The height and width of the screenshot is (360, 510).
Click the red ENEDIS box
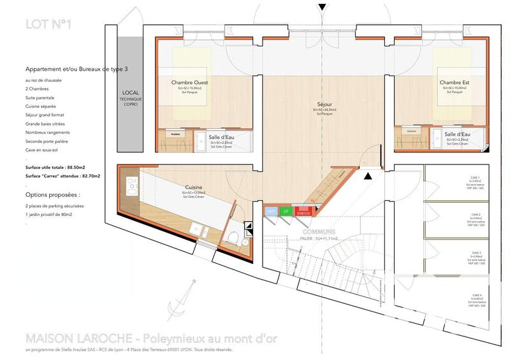point(303,212)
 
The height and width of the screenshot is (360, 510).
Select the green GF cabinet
point(286,212)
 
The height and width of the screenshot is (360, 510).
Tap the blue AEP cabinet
point(270,212)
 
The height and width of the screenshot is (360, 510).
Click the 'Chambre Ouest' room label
point(190,83)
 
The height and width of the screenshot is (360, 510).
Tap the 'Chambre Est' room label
point(455,83)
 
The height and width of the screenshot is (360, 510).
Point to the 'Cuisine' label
point(194,187)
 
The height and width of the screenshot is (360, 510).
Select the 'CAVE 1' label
point(476,178)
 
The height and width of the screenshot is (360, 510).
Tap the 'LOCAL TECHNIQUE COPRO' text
point(131,98)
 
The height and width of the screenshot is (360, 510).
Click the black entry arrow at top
point(323,7)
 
